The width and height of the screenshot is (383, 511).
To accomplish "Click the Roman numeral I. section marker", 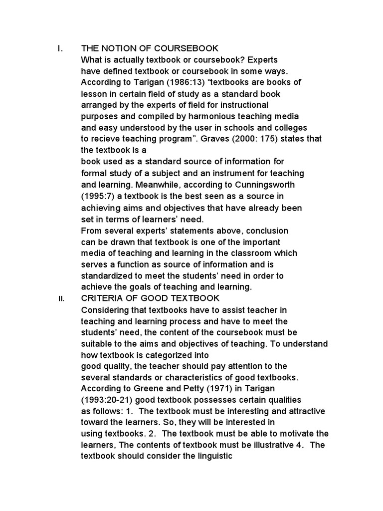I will coord(60,48).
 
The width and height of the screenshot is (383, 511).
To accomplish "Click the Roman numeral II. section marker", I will coord(60,298).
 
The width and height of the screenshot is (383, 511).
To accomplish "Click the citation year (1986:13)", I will coord(168,82).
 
